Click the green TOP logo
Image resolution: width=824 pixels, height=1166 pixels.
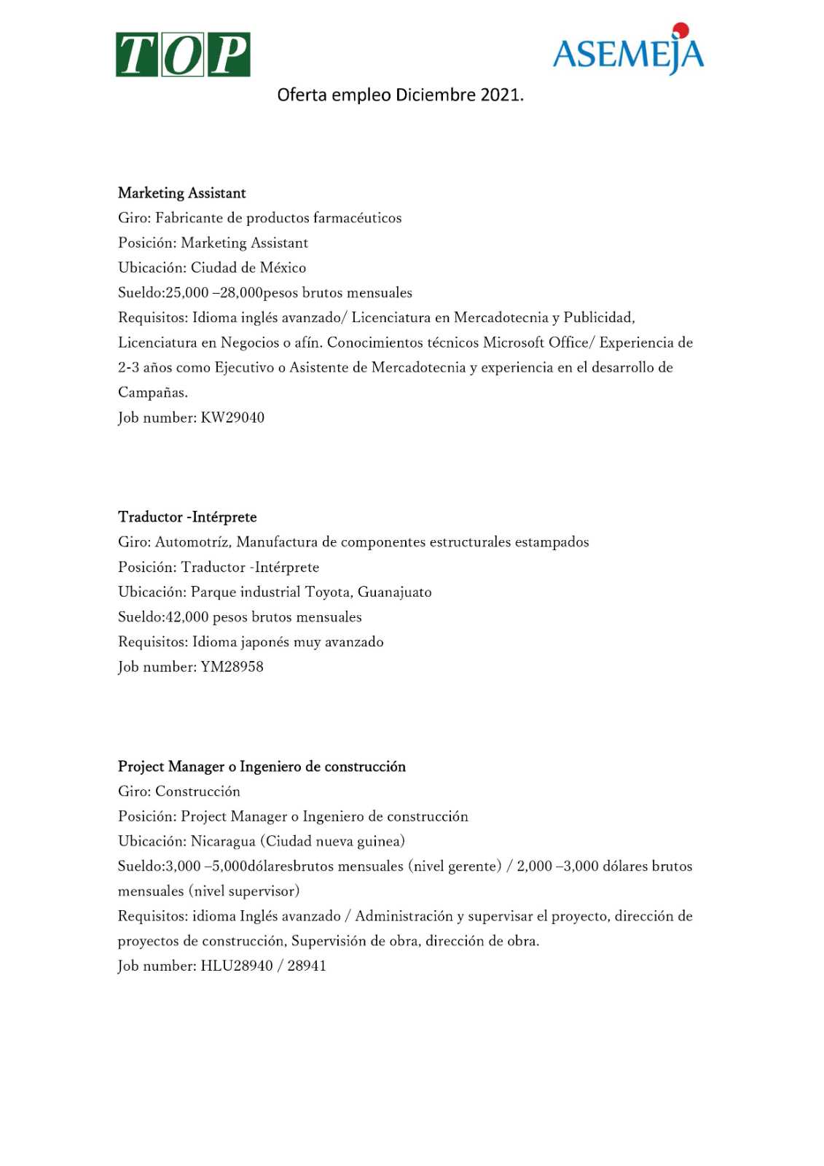point(183,55)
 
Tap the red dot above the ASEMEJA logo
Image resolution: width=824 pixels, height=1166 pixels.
point(680,30)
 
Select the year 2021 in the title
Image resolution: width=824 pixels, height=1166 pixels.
point(500,95)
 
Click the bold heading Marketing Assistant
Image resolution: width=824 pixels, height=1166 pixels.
point(182,193)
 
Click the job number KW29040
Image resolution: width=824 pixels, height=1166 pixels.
point(232,418)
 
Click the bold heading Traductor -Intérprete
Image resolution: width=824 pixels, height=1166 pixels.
point(187,517)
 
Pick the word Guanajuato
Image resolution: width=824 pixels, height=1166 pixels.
point(394,592)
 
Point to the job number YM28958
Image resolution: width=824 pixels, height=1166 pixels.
point(232,667)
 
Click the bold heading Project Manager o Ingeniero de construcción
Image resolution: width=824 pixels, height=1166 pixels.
point(262,767)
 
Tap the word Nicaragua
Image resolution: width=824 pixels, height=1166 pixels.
point(224,842)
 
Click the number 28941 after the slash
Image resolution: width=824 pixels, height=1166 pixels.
point(307,966)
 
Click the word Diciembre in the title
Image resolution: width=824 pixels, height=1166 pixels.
point(435,95)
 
